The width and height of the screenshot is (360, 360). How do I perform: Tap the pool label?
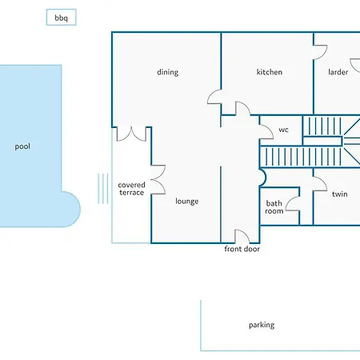[22, 146]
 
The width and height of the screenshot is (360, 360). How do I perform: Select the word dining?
[168, 72]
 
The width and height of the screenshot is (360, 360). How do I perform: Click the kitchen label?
[270, 72]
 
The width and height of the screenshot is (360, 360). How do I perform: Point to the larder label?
[338, 72]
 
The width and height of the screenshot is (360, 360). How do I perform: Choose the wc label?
[283, 130]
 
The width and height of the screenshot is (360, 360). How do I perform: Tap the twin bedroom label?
[340, 194]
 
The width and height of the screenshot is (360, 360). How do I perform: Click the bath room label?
[274, 207]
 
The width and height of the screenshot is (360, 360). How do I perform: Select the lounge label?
[187, 202]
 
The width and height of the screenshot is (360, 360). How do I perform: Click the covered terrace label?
[131, 189]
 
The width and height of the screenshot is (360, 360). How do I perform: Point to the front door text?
[242, 249]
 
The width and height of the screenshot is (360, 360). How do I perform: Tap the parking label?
[262, 325]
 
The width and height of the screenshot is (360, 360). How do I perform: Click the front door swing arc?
[246, 233]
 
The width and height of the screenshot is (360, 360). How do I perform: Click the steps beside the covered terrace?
[103, 189]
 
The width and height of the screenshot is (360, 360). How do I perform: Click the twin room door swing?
[323, 180]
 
